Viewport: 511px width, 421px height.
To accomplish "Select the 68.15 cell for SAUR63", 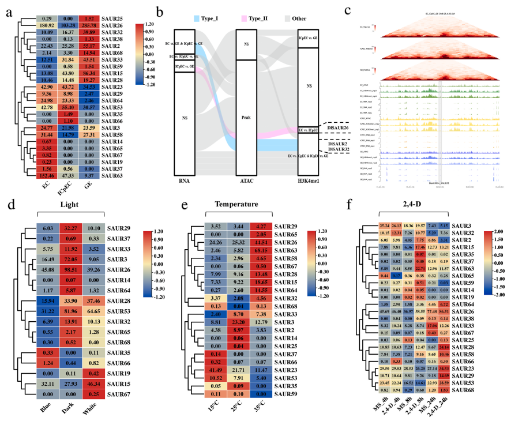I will [x=257, y=252].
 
